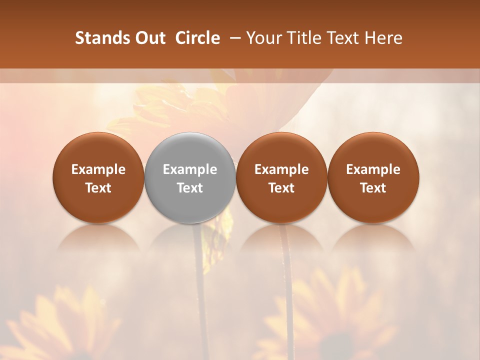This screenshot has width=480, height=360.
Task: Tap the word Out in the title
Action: click(x=148, y=38)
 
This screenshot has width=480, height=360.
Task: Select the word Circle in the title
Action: click(x=197, y=38)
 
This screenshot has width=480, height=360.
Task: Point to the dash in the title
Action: click(x=233, y=38)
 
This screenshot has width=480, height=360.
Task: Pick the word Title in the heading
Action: click(x=305, y=38)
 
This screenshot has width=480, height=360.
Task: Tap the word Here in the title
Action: click(x=384, y=38)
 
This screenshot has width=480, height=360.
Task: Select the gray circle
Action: click(x=190, y=177)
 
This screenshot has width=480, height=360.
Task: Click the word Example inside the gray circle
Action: click(x=190, y=169)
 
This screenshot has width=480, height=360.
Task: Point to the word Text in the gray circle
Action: click(x=190, y=188)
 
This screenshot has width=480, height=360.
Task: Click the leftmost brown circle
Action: click(x=98, y=177)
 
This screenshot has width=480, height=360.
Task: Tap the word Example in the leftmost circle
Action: click(x=98, y=169)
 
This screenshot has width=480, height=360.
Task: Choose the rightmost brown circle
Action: click(x=373, y=177)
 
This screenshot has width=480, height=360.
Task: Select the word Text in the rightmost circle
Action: click(x=373, y=188)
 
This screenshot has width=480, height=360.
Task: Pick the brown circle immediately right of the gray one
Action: click(x=281, y=177)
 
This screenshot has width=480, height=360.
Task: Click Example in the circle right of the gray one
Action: click(x=281, y=169)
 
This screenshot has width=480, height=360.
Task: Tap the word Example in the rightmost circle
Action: click(x=373, y=169)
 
